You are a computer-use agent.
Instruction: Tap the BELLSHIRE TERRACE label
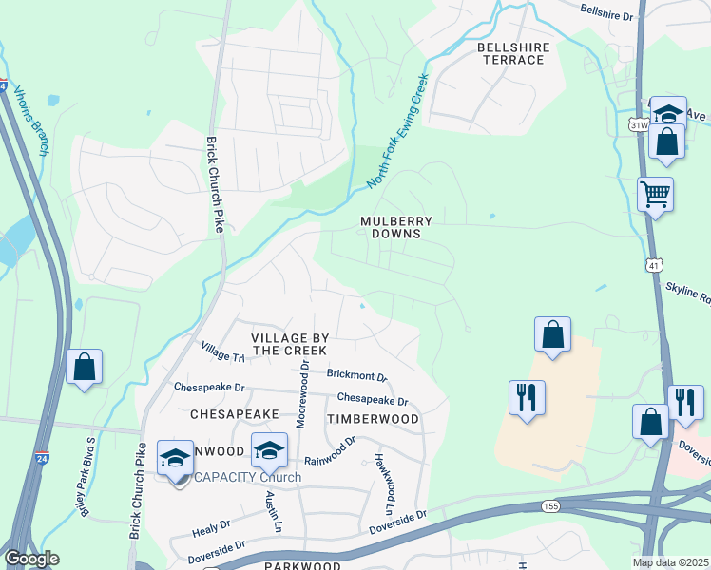click(x=510, y=53)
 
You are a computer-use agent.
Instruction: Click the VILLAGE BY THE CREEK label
click(x=290, y=344)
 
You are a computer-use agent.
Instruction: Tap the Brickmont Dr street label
click(x=356, y=377)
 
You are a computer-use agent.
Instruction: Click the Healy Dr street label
click(x=211, y=524)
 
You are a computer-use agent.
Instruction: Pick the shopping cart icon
click(x=656, y=195)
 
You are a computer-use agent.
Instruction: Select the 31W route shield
click(x=637, y=124)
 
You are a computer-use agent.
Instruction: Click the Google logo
click(x=31, y=559)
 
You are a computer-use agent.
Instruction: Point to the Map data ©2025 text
click(x=671, y=562)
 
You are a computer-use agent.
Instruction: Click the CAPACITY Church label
click(x=247, y=477)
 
